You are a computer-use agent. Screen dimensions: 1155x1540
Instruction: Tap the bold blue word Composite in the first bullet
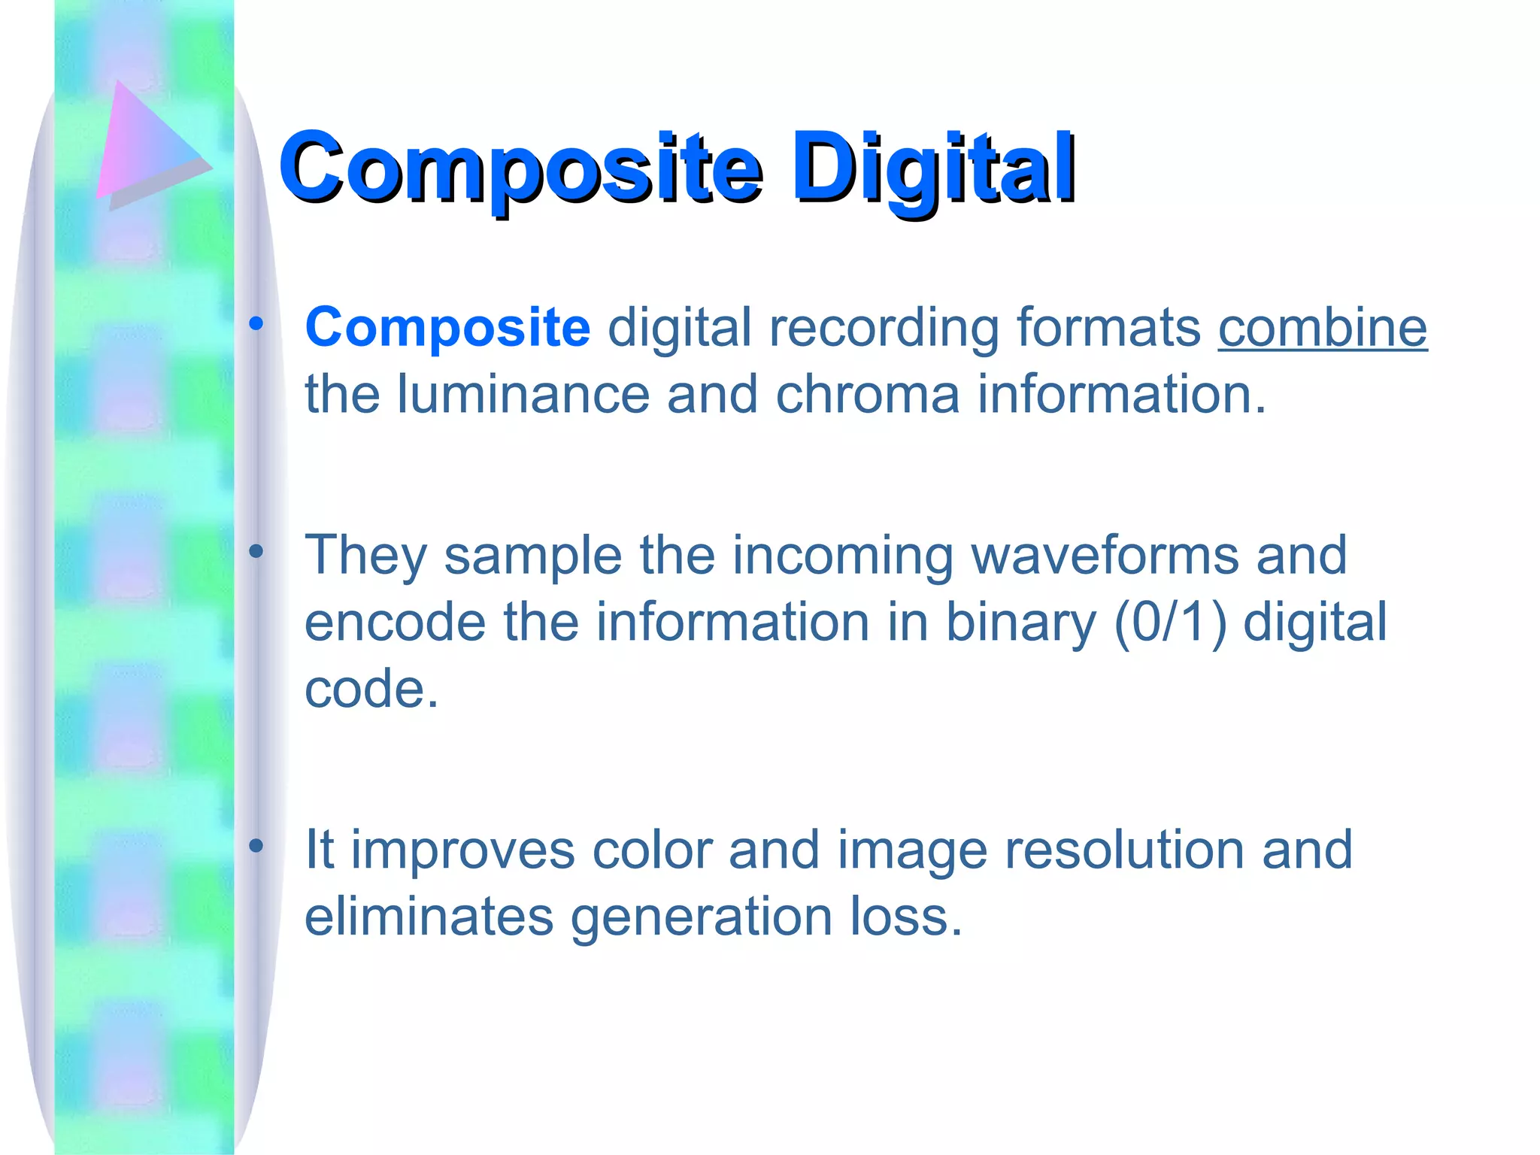point(447,328)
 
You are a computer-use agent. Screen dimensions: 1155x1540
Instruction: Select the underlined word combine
point(1322,328)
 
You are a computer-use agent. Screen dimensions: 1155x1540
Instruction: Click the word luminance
point(523,394)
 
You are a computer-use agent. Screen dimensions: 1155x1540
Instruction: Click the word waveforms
point(1105,555)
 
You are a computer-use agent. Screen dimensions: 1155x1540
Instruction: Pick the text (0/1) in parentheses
point(1170,623)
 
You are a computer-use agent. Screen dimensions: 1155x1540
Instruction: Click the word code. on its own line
point(371,689)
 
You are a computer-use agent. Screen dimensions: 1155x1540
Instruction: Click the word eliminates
point(429,917)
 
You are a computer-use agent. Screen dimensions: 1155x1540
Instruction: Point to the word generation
point(702,917)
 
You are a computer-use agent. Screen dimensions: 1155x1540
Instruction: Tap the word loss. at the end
point(906,917)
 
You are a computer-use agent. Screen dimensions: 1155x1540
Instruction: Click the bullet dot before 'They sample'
point(256,552)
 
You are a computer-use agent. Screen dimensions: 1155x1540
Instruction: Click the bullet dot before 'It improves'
point(256,847)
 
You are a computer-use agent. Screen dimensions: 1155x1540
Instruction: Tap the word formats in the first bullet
point(1109,328)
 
